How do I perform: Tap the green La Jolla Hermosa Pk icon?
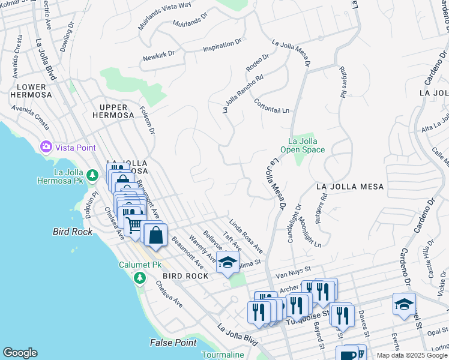[92, 175]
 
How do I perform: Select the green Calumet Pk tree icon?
[139, 277]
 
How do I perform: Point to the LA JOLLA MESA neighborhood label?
[349, 187]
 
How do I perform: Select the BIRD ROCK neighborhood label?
[185, 276]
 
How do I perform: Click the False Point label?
[172, 343]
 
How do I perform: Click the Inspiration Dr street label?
[221, 46]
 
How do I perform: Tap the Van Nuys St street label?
[292, 272]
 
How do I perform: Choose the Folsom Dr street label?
[147, 121]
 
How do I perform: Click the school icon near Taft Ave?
[228, 263]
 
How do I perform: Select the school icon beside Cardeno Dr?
[404, 303]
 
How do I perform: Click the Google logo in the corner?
[20, 353]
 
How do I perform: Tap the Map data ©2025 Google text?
[412, 355]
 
